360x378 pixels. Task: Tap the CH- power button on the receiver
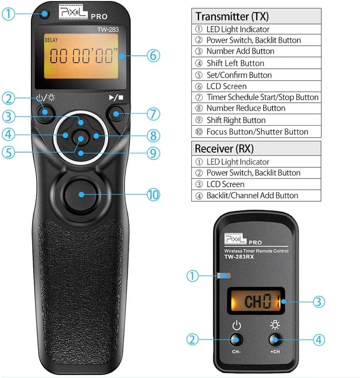tap(236, 340)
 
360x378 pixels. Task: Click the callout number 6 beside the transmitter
tap(154, 56)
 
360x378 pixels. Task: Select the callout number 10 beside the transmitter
tap(154, 195)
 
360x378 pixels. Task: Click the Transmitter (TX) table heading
tap(233, 17)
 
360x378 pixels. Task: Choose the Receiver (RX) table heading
tap(225, 149)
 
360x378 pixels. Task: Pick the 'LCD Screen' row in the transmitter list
tap(226, 86)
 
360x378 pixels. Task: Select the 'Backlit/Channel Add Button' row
tap(252, 195)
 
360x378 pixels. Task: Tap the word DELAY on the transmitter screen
tap(51, 40)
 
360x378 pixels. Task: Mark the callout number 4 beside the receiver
tap(319, 340)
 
